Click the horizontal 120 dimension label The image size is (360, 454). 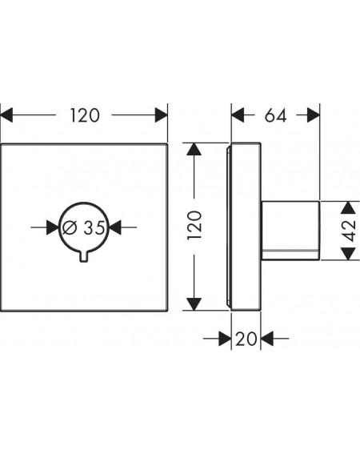click(85, 115)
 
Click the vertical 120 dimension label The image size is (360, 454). click(194, 225)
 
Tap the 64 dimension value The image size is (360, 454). click(275, 115)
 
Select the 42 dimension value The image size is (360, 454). click(350, 231)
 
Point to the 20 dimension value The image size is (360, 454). click(246, 339)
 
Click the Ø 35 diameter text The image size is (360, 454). click(84, 227)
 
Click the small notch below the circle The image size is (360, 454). click(84, 257)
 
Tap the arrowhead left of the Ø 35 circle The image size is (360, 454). click(53, 227)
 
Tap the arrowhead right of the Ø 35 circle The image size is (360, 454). click(115, 227)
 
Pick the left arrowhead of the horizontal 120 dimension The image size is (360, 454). click(6, 115)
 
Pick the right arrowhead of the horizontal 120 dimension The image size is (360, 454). click(161, 115)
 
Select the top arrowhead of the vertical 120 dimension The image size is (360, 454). click(194, 150)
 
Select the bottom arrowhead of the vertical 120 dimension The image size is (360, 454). click(194, 304)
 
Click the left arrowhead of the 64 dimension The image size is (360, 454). click(238, 115)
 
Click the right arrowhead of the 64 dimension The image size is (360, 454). click(314, 115)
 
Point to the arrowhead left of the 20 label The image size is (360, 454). click(225, 339)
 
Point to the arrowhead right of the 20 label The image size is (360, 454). click(267, 339)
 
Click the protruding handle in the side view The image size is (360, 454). click(290, 231)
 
